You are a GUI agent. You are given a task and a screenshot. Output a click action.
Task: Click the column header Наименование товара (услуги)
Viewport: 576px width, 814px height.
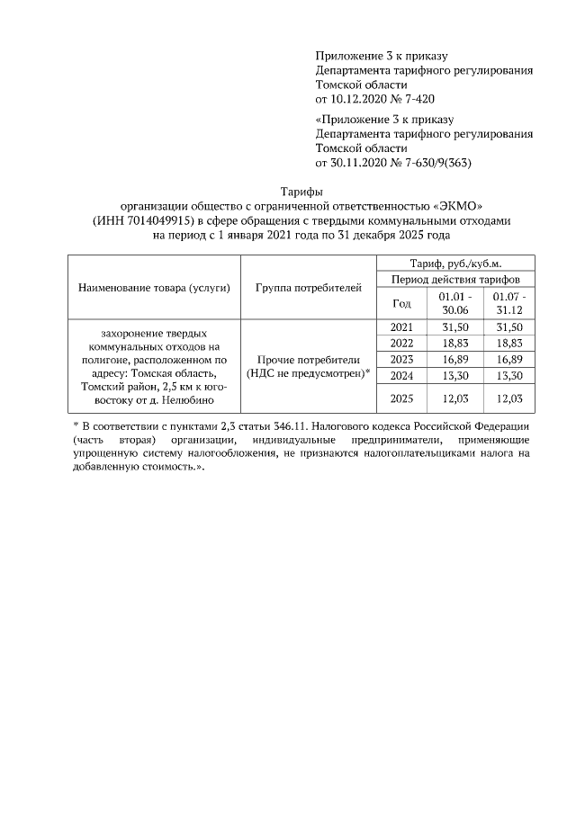tap(154, 288)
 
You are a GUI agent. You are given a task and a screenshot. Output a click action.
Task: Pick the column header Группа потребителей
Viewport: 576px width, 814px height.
tap(309, 288)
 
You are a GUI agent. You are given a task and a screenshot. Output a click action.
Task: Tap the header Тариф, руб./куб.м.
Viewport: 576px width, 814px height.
tap(455, 263)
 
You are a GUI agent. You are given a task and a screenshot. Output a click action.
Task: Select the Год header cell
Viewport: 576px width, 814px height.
tap(402, 303)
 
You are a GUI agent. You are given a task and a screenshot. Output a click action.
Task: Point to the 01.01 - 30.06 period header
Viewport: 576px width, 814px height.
tap(455, 303)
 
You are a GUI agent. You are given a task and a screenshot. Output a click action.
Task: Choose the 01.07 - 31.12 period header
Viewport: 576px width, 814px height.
tap(508, 303)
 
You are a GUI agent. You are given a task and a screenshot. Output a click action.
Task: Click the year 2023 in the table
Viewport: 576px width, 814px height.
tap(402, 360)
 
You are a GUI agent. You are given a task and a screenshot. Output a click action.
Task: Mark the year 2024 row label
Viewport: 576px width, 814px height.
tap(402, 376)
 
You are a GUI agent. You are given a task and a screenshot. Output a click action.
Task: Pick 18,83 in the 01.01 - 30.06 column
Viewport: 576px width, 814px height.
tap(455, 344)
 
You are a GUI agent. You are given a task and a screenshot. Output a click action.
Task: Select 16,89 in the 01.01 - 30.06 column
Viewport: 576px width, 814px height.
tap(455, 360)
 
